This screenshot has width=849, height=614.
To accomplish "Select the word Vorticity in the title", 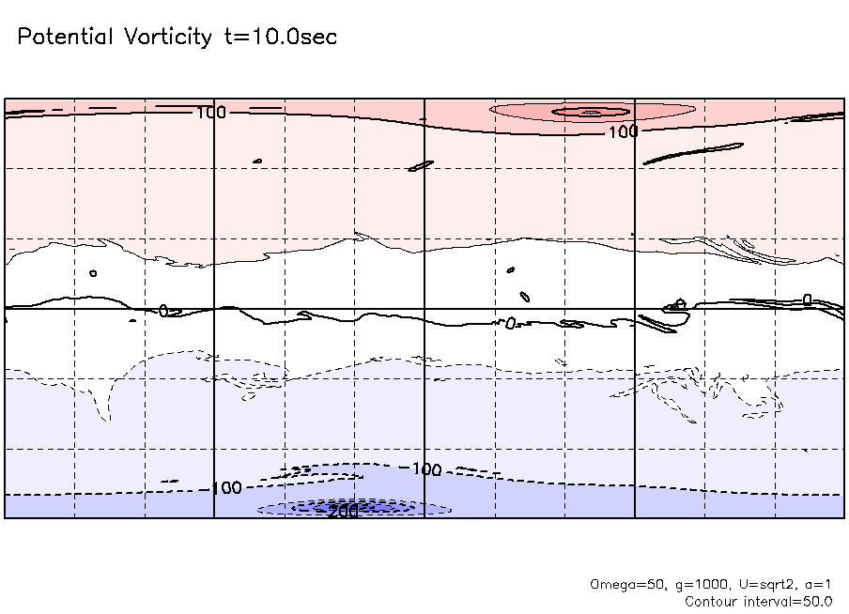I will pos(166,38).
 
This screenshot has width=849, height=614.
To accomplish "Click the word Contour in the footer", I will pos(712,601).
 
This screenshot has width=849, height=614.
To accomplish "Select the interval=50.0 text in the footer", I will pos(787,601).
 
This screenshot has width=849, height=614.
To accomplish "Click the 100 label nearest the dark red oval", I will pos(622,132).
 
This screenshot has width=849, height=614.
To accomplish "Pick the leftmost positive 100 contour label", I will pos(211,113).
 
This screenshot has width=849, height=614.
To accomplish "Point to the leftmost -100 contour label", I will pos(224,488).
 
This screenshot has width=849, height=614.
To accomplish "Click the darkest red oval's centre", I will pos(590,112).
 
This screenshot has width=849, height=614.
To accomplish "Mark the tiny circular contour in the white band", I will pos(93,273).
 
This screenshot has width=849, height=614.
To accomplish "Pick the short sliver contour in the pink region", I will pos(421,166).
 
